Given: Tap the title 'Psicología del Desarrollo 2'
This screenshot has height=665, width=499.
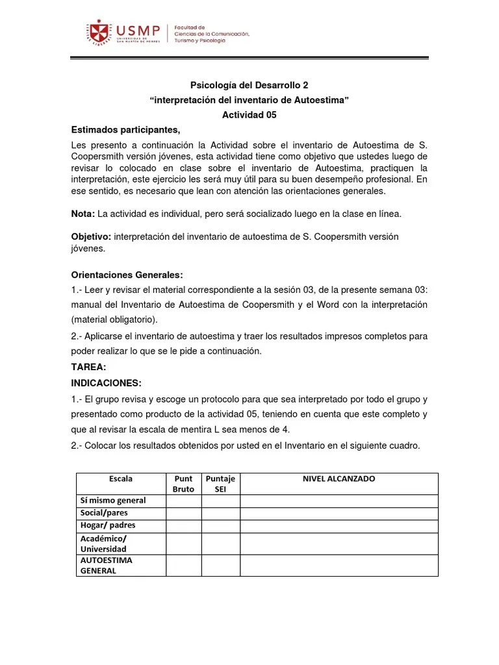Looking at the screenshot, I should [249, 84].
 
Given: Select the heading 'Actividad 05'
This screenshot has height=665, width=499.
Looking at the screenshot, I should [249, 114].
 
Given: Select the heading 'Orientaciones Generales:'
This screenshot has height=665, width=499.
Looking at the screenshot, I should [127, 275].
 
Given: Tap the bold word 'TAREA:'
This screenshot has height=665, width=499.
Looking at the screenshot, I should [88, 367].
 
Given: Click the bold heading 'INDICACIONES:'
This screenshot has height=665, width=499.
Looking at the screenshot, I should [106, 383].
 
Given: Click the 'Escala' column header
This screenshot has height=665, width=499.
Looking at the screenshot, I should [121, 479].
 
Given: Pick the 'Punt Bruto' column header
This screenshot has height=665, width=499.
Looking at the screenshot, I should [183, 484].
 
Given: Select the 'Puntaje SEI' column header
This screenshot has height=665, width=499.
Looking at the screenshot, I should [220, 484].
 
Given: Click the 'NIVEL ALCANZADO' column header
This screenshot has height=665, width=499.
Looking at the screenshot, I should [339, 479].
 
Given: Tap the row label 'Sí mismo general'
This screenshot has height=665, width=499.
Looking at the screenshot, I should [112, 500].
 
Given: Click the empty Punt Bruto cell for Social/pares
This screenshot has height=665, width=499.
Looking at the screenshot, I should [183, 512].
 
